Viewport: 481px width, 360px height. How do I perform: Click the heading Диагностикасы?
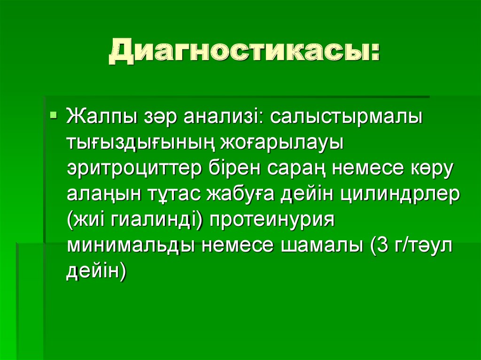point(244,52)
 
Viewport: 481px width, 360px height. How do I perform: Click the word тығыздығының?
point(137,143)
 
